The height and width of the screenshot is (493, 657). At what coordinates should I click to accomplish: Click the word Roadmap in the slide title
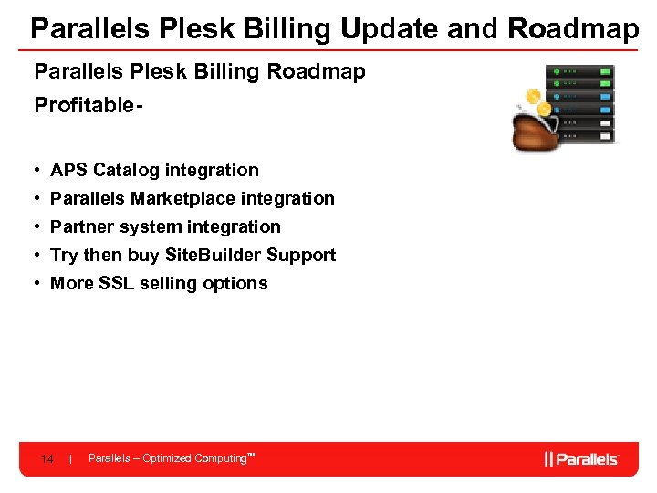573,29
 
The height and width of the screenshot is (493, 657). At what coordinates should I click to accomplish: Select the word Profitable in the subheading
84,106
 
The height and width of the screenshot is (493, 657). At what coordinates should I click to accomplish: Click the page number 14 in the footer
47,458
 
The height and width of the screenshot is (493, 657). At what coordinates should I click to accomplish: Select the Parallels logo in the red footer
581,458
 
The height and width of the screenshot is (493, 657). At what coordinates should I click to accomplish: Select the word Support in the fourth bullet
301,255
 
